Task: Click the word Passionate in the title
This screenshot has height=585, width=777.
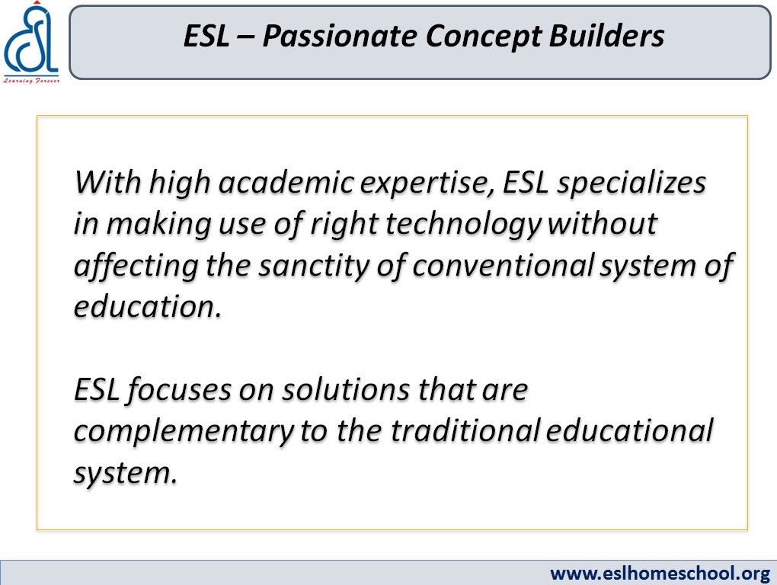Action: [x=339, y=36]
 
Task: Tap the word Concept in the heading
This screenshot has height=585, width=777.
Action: [x=483, y=37]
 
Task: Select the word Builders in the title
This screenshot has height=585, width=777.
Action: [x=606, y=36]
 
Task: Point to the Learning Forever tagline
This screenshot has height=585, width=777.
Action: [x=31, y=80]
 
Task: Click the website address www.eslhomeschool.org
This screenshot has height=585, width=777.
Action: [x=660, y=573]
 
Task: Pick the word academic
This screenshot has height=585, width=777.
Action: [x=286, y=182]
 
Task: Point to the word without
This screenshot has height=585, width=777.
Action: [x=603, y=223]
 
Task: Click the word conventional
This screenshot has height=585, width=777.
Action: [x=503, y=265]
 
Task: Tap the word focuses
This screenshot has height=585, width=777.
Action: [x=179, y=390]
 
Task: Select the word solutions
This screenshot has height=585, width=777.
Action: [x=346, y=389]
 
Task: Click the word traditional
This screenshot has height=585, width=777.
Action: [x=465, y=430]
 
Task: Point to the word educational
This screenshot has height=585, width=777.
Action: [x=630, y=430]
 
